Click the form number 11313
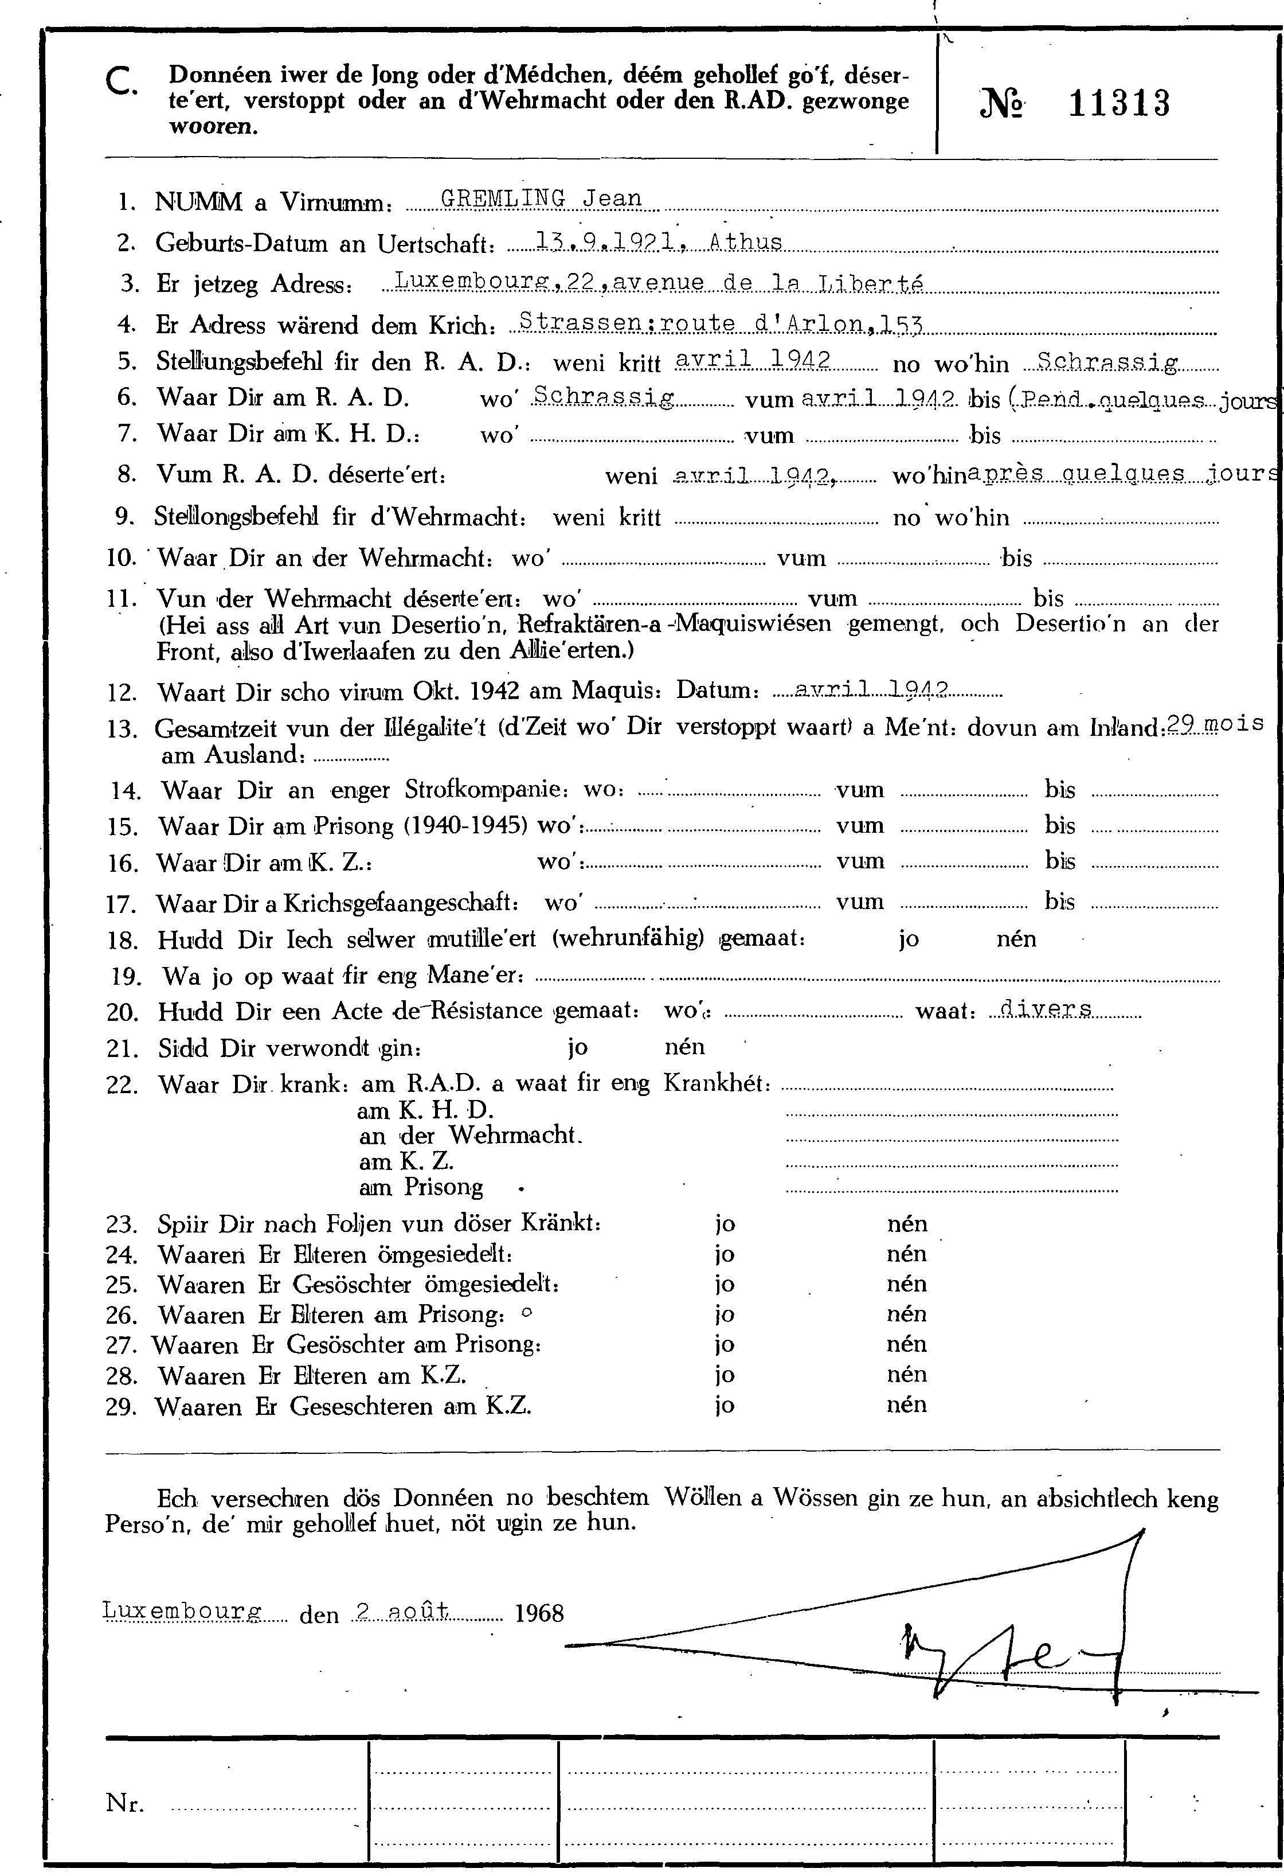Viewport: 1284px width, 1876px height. (x=1118, y=105)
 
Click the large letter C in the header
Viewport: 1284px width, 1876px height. (x=122, y=81)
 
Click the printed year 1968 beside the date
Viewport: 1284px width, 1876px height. (x=539, y=1613)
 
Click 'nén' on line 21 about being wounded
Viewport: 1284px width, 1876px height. (x=684, y=1048)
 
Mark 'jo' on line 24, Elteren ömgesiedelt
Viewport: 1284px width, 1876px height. (x=725, y=1254)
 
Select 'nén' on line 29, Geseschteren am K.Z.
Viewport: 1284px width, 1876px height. (x=906, y=1405)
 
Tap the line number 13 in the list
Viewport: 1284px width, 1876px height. (x=124, y=730)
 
